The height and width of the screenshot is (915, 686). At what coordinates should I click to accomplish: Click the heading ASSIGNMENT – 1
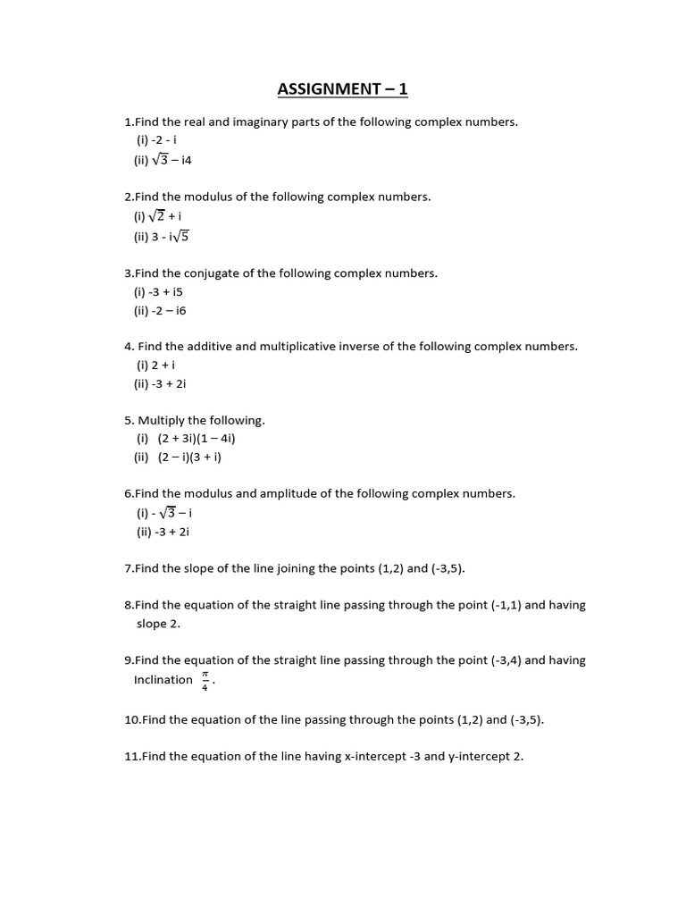click(342, 88)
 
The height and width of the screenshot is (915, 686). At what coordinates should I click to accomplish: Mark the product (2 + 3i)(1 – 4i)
click(197, 439)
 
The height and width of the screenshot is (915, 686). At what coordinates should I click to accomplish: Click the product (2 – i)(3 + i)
click(189, 457)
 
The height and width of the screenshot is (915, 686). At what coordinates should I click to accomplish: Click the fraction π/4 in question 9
click(205, 680)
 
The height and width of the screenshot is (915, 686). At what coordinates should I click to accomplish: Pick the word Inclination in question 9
click(163, 680)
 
